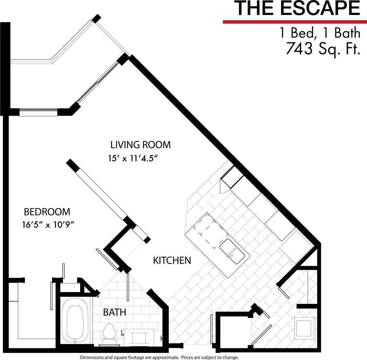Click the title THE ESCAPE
(297, 9)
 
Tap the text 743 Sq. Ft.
(323, 49)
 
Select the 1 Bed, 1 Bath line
(320, 33)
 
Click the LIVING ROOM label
(141, 145)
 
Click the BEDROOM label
(47, 212)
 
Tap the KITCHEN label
(172, 261)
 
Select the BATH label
(115, 313)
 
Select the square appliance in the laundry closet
(305, 328)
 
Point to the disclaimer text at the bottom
(159, 357)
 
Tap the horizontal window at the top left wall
(38, 112)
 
